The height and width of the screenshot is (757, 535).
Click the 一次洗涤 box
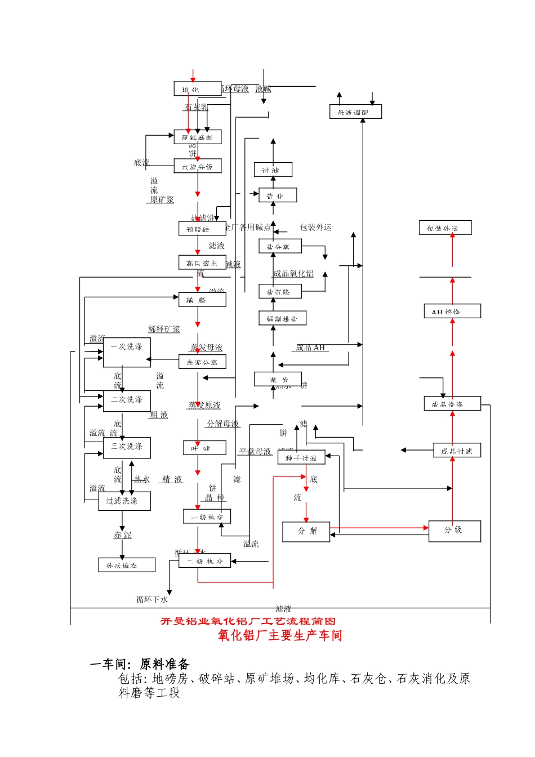point(127,353)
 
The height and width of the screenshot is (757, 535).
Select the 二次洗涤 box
point(127,401)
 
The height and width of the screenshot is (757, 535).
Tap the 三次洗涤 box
point(127,448)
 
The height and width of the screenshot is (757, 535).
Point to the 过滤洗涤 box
point(124,501)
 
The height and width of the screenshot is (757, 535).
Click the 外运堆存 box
point(127,565)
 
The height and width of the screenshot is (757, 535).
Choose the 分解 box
point(306,531)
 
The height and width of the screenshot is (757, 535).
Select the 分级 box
point(454,531)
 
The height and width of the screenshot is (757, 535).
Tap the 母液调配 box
point(355,112)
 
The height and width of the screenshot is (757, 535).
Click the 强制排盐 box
point(282,318)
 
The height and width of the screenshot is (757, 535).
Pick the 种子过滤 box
point(301,457)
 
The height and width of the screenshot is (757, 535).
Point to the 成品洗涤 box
point(452,404)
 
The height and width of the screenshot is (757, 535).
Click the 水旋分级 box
point(197,166)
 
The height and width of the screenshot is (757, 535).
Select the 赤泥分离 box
point(202,362)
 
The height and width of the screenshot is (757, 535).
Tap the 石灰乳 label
point(195,107)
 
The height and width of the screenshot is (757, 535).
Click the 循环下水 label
point(152,600)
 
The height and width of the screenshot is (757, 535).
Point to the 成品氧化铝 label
point(293,274)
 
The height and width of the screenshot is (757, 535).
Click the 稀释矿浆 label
point(164,329)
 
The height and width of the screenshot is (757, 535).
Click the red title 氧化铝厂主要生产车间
point(280,635)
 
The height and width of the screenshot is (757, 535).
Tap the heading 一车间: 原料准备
point(140,665)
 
